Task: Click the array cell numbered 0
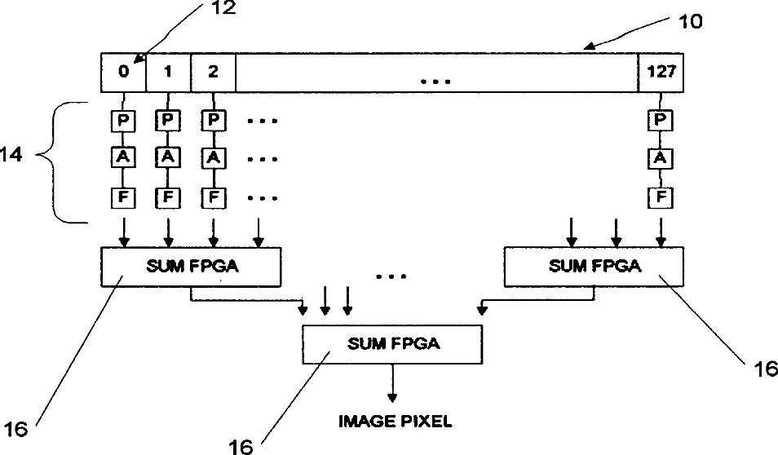coord(123,72)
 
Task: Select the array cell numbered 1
coord(168,72)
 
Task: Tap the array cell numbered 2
coord(213,72)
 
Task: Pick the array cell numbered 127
coord(661,72)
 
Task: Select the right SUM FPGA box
coord(595,267)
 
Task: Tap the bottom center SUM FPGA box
coord(394,343)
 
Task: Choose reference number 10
coord(690,21)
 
